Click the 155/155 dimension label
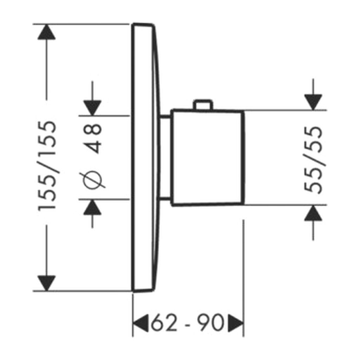pyautogui.click(x=47, y=165)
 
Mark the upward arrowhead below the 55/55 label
pyautogui.click(x=313, y=213)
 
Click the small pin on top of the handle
pyautogui.click(x=203, y=104)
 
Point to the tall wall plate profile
pyautogui.click(x=144, y=157)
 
